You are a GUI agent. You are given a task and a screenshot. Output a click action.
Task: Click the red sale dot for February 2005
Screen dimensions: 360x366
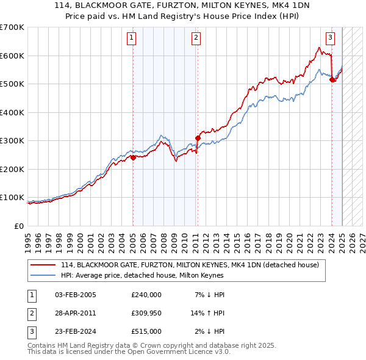click(133, 157)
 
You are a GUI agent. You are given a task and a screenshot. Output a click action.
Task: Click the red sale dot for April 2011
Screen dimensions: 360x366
click(198, 138)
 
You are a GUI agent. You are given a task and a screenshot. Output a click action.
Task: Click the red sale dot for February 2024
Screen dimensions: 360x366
click(332, 79)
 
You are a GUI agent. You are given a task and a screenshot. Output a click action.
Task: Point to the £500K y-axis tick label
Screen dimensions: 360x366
click(12, 84)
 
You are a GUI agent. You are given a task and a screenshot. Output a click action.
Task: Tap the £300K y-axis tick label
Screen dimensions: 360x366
click(12, 141)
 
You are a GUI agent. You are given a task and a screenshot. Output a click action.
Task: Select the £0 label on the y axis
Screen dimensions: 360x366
click(19, 226)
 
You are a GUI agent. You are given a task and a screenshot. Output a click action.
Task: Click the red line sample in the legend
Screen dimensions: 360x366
click(43, 265)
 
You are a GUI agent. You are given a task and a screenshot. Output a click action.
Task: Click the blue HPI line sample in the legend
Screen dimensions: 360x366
click(43, 275)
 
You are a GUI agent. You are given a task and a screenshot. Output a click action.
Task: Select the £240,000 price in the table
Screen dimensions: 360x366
click(146, 295)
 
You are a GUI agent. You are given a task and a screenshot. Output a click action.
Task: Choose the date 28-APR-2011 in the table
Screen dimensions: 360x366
click(75, 314)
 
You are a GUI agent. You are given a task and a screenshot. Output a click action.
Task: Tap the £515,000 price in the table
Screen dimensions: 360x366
click(146, 332)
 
